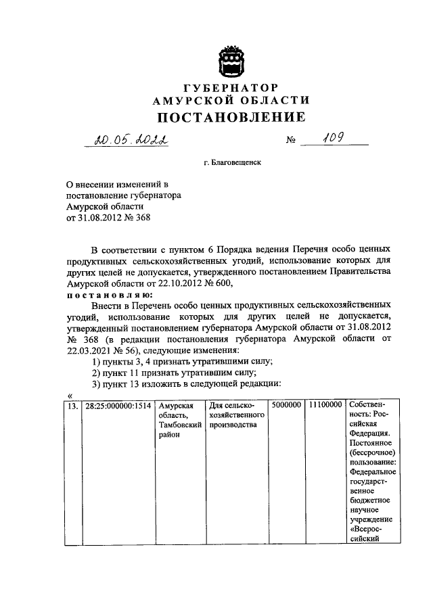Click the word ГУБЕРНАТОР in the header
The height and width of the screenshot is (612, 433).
point(231,88)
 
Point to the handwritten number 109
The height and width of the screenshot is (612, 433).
point(333,139)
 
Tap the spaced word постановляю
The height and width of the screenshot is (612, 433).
point(110,295)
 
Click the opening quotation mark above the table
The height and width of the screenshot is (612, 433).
point(70,396)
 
